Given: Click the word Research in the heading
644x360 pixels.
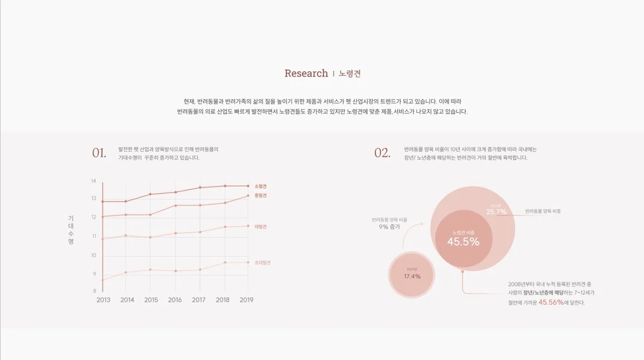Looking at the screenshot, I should pos(306,73).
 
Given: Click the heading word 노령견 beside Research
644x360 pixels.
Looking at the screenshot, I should pos(350,74).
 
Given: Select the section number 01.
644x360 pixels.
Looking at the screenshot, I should pos(99,153).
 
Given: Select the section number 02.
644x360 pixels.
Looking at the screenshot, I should pos(382,153).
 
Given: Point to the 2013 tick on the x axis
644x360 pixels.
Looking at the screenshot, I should pos(103,300).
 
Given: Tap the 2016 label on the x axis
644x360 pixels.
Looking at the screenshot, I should pos(175,300).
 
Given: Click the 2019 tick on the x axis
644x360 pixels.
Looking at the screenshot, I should pos(246,300).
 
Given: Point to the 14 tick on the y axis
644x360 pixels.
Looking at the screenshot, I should pos(93,181).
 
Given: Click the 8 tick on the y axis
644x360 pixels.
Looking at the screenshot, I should pos(94,291).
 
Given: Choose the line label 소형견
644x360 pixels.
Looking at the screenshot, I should pos(260,186).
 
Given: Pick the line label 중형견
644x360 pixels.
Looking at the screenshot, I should pos(260,195).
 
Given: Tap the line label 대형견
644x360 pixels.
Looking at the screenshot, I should pos(260,226).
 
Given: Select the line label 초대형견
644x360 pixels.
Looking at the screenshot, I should pos(262,262).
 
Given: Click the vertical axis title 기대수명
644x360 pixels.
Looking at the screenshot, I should pos(70,230).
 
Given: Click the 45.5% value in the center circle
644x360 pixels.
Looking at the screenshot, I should pos(463,242).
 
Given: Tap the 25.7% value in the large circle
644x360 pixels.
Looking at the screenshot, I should pos(496,212).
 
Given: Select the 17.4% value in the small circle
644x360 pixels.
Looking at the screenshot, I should pos(412,276).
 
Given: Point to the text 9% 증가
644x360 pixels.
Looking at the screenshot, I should pos(389,227).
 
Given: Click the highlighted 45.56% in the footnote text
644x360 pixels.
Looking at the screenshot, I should pos(551,302).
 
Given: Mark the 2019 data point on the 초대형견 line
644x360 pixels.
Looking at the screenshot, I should pos(248,262).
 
